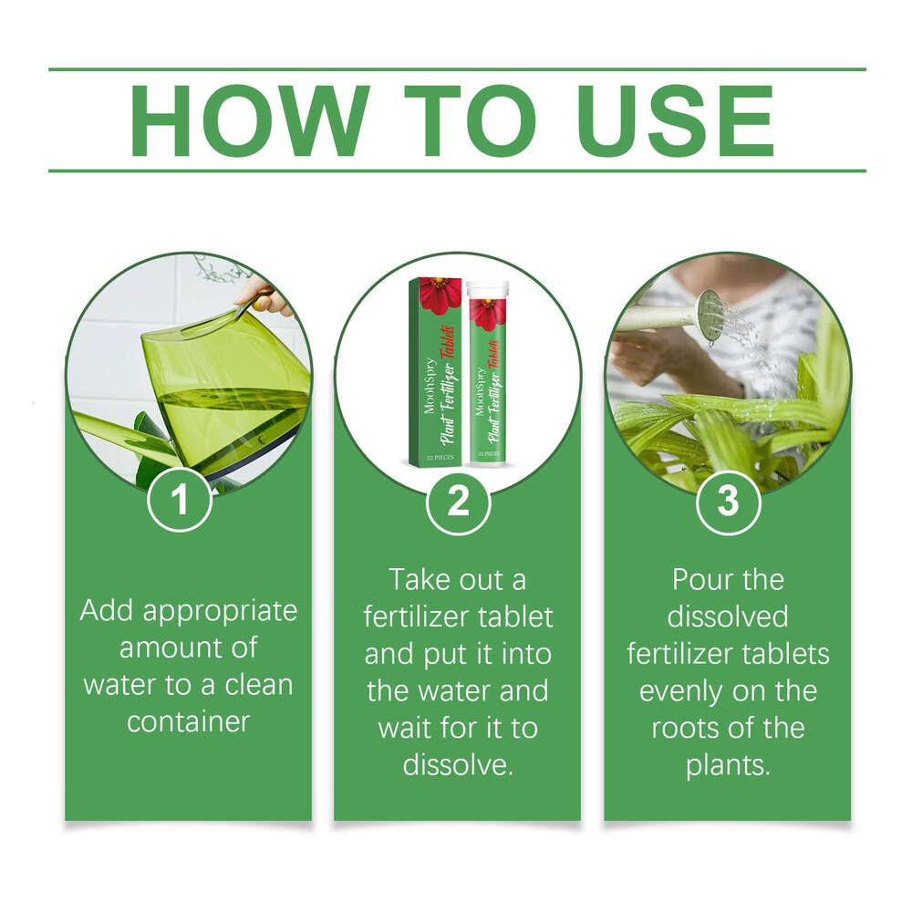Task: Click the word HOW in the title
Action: tap(250, 120)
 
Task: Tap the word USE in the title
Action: tap(675, 120)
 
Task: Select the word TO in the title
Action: tap(470, 120)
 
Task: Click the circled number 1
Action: tap(180, 500)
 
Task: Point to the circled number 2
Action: tap(459, 501)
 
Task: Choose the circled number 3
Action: tap(728, 501)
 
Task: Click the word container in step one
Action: tap(189, 721)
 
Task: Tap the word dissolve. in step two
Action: tap(459, 764)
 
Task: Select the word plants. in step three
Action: tap(728, 765)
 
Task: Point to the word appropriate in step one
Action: tap(220, 612)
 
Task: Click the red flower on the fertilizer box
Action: tap(440, 295)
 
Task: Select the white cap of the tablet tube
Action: tap(487, 290)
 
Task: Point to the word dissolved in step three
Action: tap(728, 617)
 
